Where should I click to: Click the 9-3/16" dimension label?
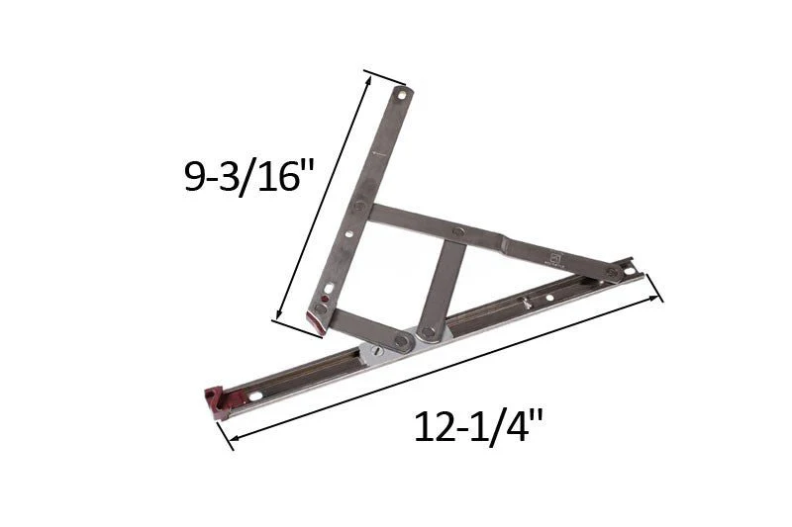(x=249, y=178)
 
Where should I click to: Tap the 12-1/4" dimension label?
(x=478, y=427)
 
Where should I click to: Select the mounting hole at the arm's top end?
(x=402, y=94)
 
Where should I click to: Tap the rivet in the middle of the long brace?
(x=458, y=232)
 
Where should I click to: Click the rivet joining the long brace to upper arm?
(x=360, y=206)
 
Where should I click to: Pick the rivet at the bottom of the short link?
(x=429, y=332)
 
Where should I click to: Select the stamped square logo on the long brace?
(x=558, y=256)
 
